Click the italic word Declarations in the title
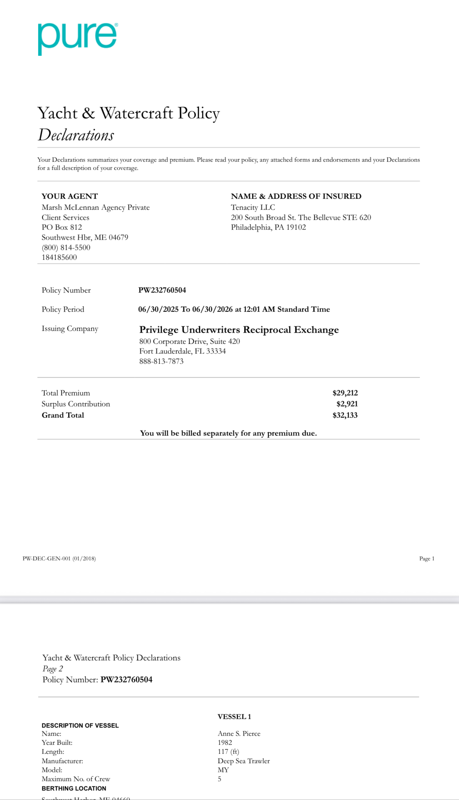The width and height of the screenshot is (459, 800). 76,135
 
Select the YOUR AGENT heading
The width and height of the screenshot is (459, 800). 70,196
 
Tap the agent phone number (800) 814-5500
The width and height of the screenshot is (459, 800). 66,247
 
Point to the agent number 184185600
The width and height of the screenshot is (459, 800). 59,257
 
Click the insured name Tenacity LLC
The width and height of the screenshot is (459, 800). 253,207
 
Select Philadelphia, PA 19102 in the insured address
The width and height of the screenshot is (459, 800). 269,227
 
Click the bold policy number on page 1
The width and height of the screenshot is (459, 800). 162,290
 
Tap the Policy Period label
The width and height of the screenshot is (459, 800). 63,309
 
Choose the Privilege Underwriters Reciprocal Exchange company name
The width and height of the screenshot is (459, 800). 239,330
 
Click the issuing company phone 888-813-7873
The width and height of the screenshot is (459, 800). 161,361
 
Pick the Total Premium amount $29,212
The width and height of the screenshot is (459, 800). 345,393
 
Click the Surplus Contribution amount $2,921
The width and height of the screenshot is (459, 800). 347,404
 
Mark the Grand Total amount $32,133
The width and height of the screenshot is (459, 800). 345,415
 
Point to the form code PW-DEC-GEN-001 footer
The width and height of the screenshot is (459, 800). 59,558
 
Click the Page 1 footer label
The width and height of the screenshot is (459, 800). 427,558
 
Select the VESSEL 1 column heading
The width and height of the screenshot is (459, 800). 234,716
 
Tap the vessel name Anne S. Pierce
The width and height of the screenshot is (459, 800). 239,734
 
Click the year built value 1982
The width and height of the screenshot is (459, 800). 225,743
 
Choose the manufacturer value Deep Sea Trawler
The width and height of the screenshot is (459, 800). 244,761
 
